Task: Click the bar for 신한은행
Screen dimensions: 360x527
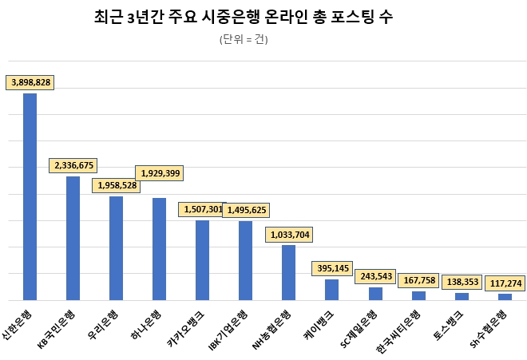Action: (x=30, y=196)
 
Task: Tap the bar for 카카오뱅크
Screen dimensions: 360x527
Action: (x=203, y=259)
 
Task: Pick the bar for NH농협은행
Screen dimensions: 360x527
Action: (x=289, y=272)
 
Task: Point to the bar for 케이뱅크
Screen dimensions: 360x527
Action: (x=332, y=289)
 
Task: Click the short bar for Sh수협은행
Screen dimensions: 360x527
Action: (x=505, y=296)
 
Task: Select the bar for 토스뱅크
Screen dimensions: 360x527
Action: (x=462, y=296)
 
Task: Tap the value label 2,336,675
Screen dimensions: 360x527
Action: (x=74, y=165)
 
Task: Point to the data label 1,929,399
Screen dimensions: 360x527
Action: (x=160, y=172)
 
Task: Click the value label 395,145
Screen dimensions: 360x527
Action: (x=335, y=268)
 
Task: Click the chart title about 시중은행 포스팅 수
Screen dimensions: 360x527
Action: (x=244, y=17)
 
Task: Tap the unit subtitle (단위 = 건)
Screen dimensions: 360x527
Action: (x=244, y=40)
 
